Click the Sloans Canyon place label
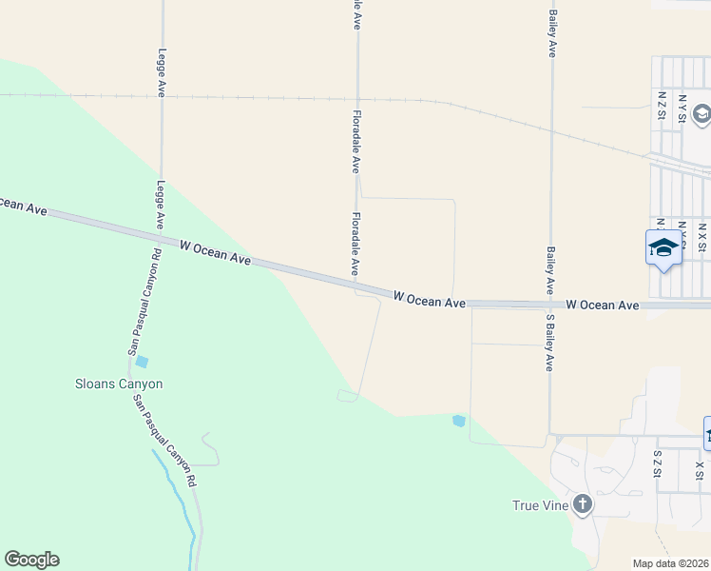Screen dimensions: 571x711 pyautogui.click(x=119, y=384)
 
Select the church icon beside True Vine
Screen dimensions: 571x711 pyautogui.click(x=581, y=503)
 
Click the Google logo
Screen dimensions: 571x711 pyautogui.click(x=31, y=560)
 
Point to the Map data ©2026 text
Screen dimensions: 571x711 pyautogui.click(x=670, y=563)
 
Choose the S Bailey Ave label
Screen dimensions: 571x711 pyautogui.click(x=549, y=342)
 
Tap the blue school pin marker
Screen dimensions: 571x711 pyautogui.click(x=663, y=249)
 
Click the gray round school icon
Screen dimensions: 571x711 pyautogui.click(x=701, y=115)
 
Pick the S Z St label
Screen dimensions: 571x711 pyautogui.click(x=657, y=463)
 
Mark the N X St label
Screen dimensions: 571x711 pyautogui.click(x=702, y=237)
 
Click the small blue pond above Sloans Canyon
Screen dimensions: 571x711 pyautogui.click(x=142, y=362)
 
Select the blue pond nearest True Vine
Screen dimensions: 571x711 pyautogui.click(x=459, y=420)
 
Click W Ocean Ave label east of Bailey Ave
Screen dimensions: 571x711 pyautogui.click(x=602, y=305)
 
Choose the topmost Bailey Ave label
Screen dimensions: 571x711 pyautogui.click(x=551, y=33)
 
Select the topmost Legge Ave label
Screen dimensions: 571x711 pyautogui.click(x=163, y=72)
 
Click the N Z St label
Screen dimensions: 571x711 pyautogui.click(x=662, y=106)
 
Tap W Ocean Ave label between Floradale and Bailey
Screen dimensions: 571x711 pyautogui.click(x=429, y=301)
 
